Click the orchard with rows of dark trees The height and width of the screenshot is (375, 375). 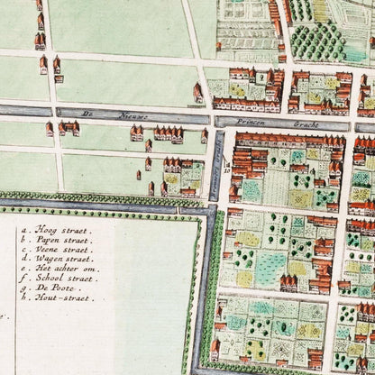pyautogui.click(x=316, y=40)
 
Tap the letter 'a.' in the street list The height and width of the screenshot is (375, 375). pyautogui.click(x=24, y=230)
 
